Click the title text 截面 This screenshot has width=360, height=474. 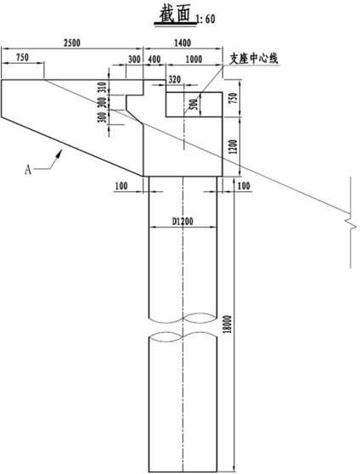[x=176, y=14]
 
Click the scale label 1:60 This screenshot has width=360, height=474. [x=205, y=20]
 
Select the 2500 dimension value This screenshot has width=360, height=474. [x=72, y=43]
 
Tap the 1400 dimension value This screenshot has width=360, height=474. [x=183, y=43]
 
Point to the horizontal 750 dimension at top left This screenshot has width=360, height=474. [x=22, y=58]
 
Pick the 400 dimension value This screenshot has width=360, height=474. [x=155, y=59]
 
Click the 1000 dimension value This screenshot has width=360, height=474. [x=194, y=59]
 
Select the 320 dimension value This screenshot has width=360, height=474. [x=174, y=80]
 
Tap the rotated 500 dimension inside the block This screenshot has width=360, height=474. [x=195, y=104]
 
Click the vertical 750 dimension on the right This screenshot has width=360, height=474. [x=234, y=99]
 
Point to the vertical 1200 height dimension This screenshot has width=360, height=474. [x=234, y=147]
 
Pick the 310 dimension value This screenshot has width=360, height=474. [x=103, y=87]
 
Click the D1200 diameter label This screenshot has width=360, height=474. [x=183, y=222]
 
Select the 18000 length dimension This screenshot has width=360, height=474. [x=228, y=324]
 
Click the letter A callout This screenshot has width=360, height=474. [x=28, y=170]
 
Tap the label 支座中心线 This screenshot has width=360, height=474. [x=254, y=59]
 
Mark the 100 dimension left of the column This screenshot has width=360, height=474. [x=121, y=186]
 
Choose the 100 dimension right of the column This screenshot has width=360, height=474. [x=244, y=186]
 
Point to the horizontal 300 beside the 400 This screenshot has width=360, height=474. [x=134, y=59]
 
